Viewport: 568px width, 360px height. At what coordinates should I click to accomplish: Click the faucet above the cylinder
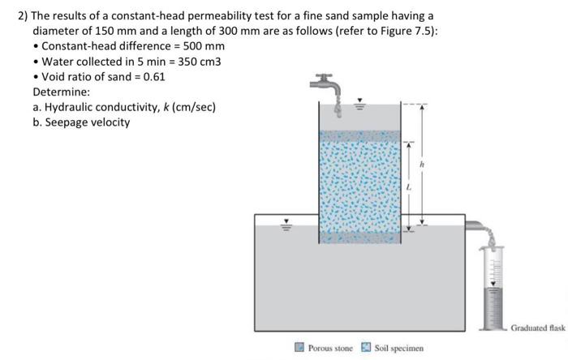tap(325, 84)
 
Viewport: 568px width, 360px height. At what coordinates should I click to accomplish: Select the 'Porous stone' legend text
tap(330, 348)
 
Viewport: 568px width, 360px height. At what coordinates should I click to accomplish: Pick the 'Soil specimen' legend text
tap(399, 348)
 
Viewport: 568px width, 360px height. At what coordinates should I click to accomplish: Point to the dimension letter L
tap(409, 186)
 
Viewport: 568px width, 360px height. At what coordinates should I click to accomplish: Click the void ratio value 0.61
tap(154, 77)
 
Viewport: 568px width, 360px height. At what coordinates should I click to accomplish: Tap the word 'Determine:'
tap(61, 92)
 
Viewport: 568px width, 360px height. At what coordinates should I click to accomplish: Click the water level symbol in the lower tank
tap(285, 225)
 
